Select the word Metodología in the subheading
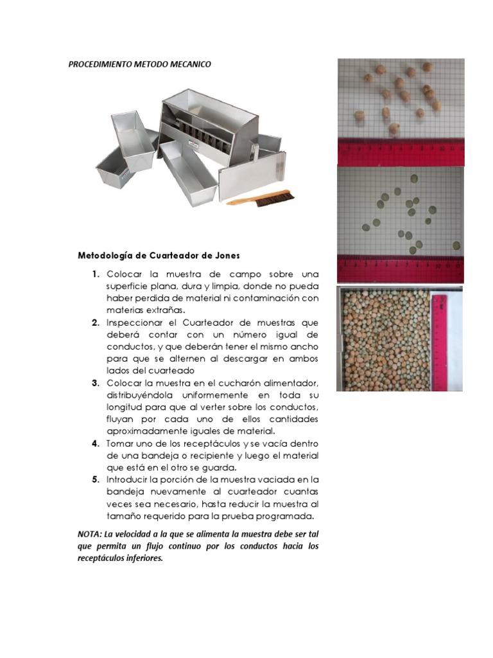point(107,255)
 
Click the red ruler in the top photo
point(400,151)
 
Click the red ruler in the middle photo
point(400,269)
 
